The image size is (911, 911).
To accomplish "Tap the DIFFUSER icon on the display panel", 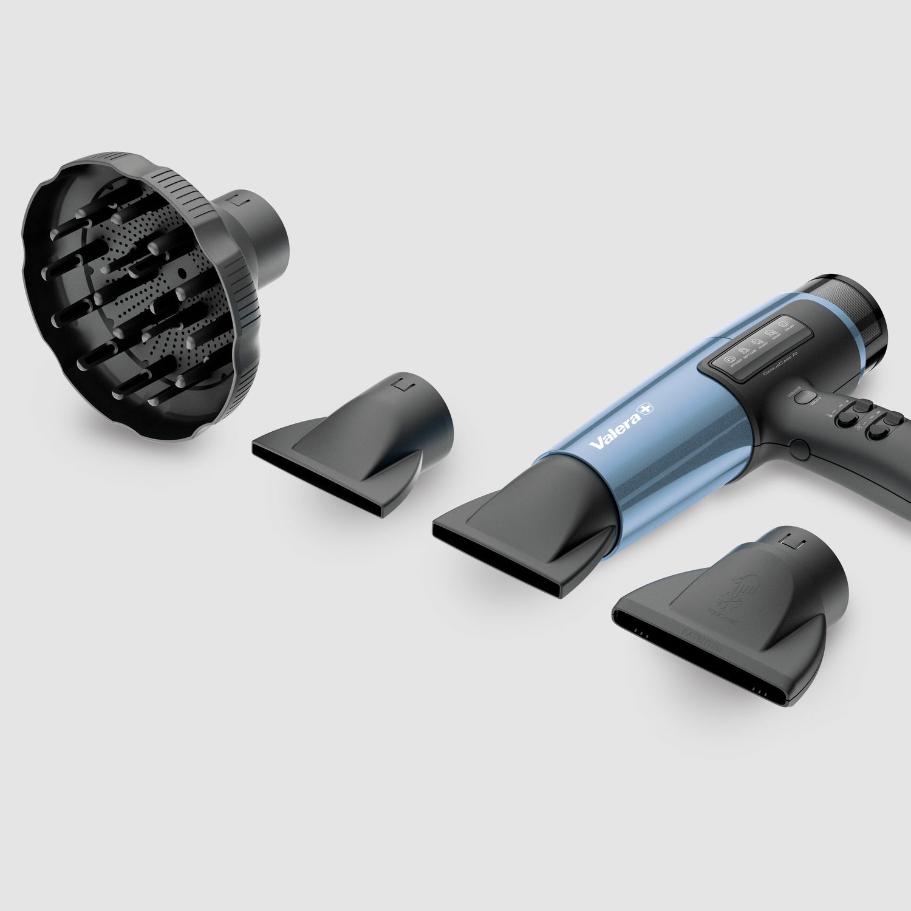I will click(x=727, y=360).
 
